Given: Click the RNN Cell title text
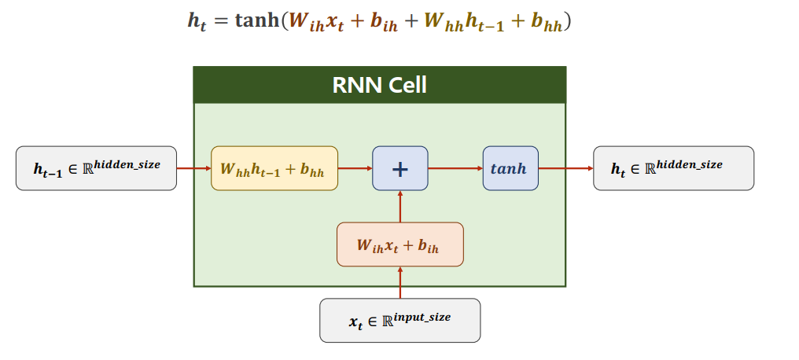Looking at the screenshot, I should tap(379, 85).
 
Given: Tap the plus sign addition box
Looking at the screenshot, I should tap(400, 168).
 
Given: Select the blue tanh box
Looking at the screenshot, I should tap(510, 168).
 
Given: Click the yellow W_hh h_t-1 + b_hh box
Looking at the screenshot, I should tap(274, 168).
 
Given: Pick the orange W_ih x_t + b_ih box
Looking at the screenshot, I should tap(399, 244).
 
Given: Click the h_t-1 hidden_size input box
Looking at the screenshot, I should tap(96, 168).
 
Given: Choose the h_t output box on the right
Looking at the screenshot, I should tap(673, 168).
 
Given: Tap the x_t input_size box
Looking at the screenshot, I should tap(399, 320).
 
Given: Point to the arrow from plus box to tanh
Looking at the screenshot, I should tap(455, 168).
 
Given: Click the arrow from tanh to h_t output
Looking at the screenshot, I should tap(565, 168).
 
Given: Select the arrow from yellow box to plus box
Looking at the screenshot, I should tap(355, 168).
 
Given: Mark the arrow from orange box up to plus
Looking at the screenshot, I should tap(400, 206).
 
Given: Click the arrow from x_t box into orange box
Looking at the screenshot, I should tap(400, 282).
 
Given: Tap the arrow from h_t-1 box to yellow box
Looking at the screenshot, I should tap(193, 168).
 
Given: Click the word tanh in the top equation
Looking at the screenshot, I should tap(257, 21).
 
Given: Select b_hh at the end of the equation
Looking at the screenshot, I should tap(547, 23).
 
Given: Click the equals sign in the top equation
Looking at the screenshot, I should tap(221, 22).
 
